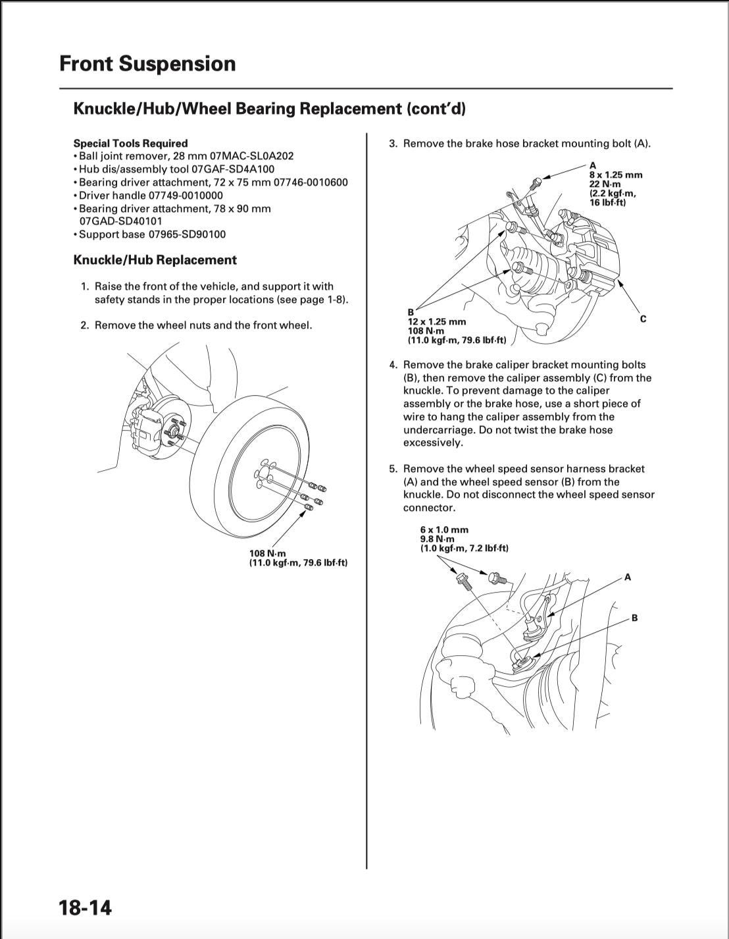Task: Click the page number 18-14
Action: click(x=86, y=907)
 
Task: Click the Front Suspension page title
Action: click(x=147, y=64)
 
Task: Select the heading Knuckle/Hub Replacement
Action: click(x=155, y=260)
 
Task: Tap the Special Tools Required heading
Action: click(x=130, y=143)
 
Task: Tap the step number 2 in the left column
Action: click(x=84, y=325)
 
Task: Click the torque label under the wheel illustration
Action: click(x=297, y=558)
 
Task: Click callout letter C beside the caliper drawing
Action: click(x=643, y=319)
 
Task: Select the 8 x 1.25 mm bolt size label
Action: click(x=616, y=175)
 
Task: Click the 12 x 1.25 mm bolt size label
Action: click(x=437, y=321)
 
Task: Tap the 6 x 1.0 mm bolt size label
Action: click(x=445, y=529)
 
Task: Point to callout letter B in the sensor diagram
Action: click(x=634, y=618)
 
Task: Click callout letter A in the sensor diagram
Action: click(x=628, y=577)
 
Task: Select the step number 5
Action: click(x=393, y=469)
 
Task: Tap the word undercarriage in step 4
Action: click(x=437, y=430)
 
